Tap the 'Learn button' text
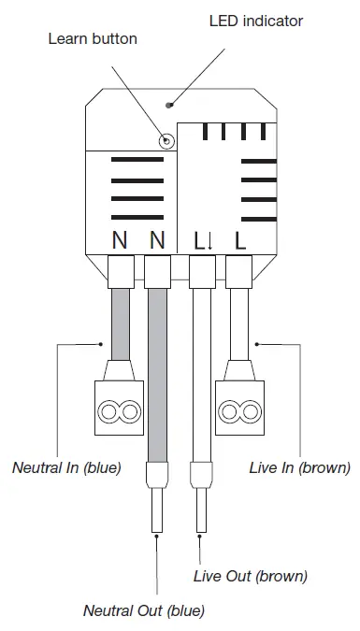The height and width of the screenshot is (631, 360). pos(92,38)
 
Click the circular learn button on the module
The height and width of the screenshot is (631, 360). pos(166,141)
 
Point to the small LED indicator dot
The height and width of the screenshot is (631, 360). pos(168,105)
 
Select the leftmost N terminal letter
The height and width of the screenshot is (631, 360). pos(120,240)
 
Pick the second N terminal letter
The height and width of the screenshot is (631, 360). pos(157,240)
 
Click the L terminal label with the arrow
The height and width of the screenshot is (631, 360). pos(203,240)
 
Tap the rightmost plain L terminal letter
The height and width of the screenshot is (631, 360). pos(240,240)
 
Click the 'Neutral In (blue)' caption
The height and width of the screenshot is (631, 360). pos(65,466)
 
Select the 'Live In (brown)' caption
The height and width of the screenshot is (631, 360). pos(300,466)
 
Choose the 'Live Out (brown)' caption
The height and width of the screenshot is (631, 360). pos(250,576)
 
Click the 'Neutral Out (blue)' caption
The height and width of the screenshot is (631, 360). pos(144,611)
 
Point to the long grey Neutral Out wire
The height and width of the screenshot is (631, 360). pos(157,374)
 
